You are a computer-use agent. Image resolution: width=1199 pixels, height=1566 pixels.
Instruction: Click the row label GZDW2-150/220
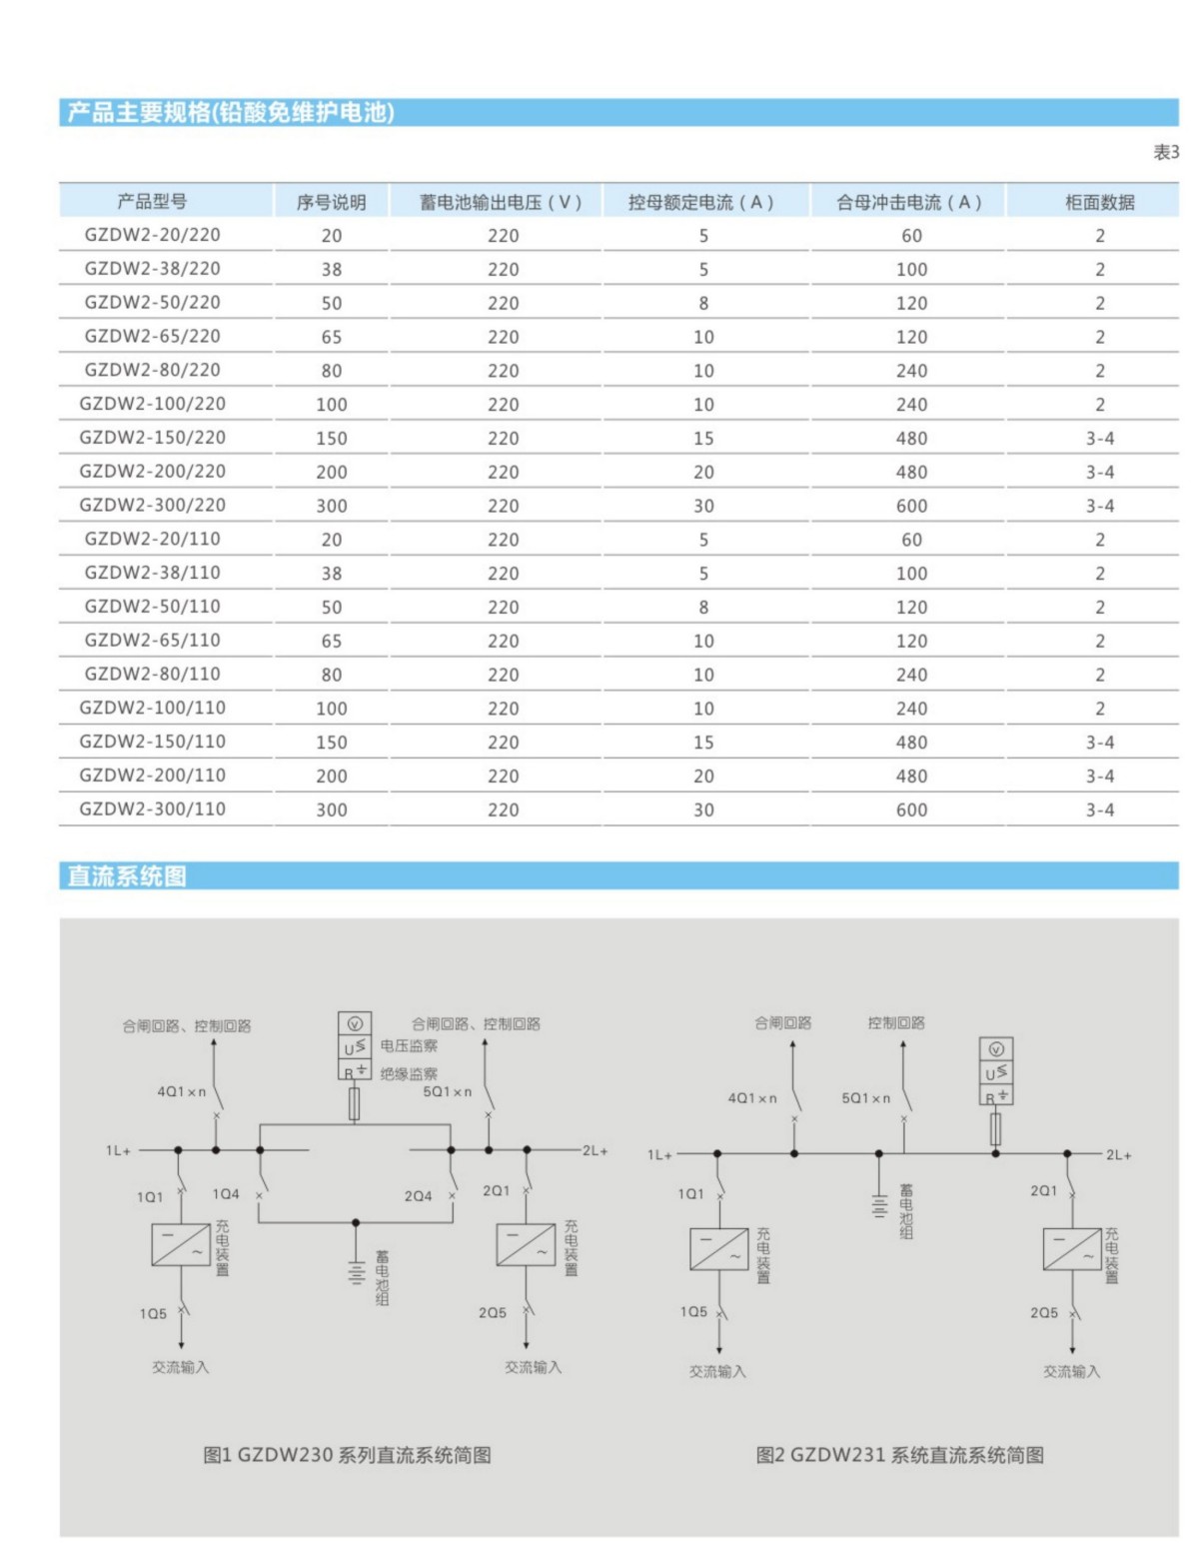click(x=153, y=438)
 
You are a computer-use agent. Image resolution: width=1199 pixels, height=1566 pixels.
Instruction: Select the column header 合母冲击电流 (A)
click(x=909, y=203)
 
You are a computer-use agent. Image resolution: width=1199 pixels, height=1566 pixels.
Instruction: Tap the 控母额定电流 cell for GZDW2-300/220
click(x=703, y=507)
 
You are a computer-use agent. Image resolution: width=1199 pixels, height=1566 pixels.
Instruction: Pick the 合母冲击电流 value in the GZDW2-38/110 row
click(x=911, y=574)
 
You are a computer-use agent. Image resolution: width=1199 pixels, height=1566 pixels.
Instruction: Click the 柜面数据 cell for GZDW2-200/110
click(x=1100, y=777)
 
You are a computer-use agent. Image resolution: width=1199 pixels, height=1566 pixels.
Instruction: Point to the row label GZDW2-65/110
click(x=153, y=641)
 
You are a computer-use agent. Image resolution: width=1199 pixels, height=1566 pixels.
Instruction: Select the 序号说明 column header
click(x=331, y=203)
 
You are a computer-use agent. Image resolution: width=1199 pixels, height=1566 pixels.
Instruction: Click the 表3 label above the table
click(x=1166, y=153)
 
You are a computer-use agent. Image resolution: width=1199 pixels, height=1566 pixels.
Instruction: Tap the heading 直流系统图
click(x=127, y=876)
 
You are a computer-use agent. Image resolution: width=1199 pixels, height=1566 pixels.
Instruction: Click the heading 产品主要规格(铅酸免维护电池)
click(x=231, y=112)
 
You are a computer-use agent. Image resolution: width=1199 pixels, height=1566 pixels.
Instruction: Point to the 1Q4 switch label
click(x=226, y=1194)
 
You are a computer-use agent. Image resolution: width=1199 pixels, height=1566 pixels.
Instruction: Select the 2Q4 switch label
click(x=418, y=1196)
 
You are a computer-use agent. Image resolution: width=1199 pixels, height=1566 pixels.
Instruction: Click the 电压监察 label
click(x=409, y=1046)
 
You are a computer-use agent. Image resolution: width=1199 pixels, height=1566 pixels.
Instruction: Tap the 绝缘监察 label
click(x=409, y=1074)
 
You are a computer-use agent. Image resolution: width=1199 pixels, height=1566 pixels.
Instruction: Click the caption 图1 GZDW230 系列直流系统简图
click(x=347, y=1455)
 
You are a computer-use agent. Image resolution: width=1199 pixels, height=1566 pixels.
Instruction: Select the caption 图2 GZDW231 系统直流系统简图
click(x=899, y=1455)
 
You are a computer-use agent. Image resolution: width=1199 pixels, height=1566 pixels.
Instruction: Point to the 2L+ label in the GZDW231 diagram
click(x=1118, y=1155)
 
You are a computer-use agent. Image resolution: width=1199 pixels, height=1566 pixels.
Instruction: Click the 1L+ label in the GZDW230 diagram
click(x=118, y=1151)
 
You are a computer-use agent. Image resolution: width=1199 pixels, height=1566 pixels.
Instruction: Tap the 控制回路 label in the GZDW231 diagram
click(x=896, y=1023)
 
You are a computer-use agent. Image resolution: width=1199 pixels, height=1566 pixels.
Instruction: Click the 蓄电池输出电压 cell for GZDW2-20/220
click(x=503, y=236)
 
